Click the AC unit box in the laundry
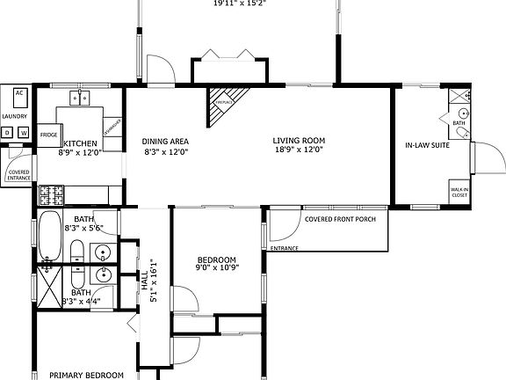coord(19,94)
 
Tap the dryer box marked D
coord(8,133)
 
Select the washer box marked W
coord(24,133)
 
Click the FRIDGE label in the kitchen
coord(49,135)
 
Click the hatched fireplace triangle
coord(224,108)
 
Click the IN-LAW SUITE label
coord(427,145)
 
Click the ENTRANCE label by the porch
coord(284,248)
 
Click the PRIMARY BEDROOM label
coord(85,375)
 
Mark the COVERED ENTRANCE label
coord(19,174)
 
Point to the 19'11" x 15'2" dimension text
coord(239,4)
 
